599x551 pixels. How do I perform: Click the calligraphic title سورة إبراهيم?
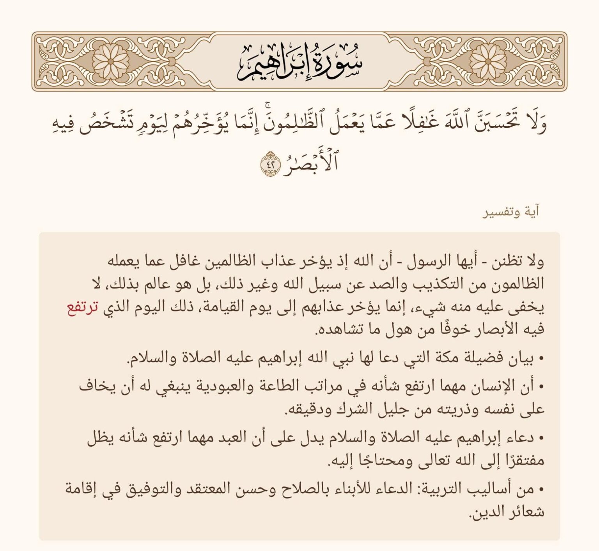(299, 62)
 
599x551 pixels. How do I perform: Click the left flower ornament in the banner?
(111, 62)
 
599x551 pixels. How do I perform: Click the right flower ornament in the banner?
(488, 62)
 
